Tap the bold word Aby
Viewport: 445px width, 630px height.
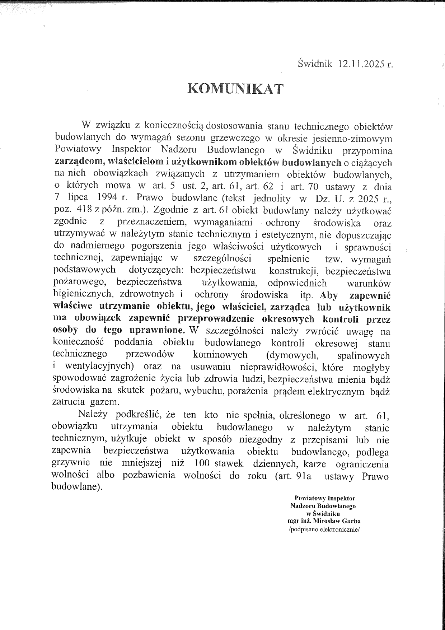click(x=329, y=295)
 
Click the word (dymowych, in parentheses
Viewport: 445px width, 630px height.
click(x=292, y=355)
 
